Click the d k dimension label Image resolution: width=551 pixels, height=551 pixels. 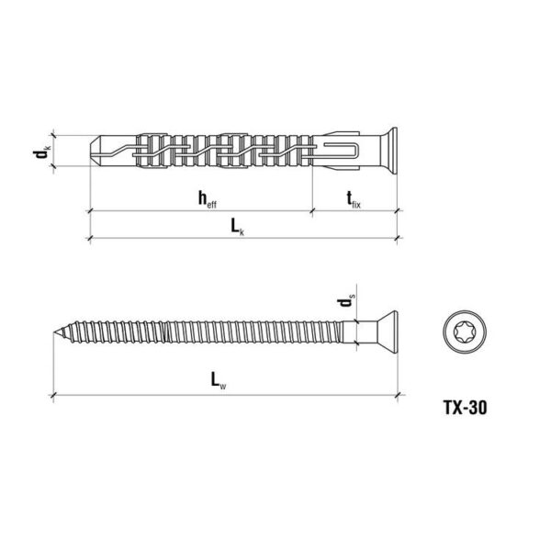[42, 151]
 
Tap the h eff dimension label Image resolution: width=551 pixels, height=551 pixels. [208, 199]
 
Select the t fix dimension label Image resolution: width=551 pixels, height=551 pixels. [354, 199]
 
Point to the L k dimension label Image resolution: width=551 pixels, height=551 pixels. [237, 228]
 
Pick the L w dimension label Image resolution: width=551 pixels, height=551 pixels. [219, 381]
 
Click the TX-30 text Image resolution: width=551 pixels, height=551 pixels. [466, 408]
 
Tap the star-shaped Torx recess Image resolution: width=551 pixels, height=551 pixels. [465, 332]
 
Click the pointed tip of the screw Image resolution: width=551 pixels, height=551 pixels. [54, 332]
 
